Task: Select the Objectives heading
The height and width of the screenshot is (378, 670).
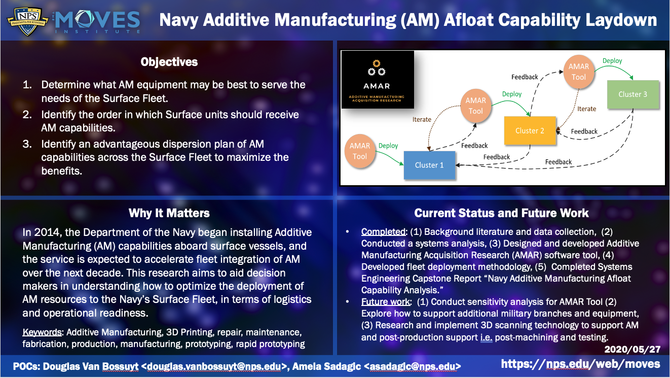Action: [x=169, y=62]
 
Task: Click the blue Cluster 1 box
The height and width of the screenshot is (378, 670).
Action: [x=429, y=165]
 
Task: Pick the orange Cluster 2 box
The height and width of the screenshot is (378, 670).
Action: [x=530, y=130]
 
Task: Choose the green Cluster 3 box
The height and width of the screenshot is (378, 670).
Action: [x=633, y=94]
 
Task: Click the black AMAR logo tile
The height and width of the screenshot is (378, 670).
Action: [x=378, y=80]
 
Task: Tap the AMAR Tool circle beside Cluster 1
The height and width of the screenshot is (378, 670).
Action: [x=359, y=151]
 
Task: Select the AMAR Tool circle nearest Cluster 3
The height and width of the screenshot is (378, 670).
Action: [x=578, y=72]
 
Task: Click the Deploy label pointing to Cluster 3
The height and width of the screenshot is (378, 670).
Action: [x=612, y=61]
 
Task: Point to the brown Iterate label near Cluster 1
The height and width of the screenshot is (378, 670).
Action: [x=422, y=120]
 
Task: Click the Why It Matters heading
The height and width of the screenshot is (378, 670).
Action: [x=169, y=213]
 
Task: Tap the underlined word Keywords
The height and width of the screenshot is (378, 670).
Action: [x=42, y=332]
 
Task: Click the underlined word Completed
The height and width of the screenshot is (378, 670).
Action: [x=383, y=232]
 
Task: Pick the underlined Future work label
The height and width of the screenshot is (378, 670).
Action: [x=385, y=301]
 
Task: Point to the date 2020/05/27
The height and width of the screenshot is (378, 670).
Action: [x=632, y=349]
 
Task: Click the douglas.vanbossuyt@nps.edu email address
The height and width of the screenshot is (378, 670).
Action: [x=214, y=366]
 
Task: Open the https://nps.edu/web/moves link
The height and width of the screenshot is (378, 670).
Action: [x=581, y=364]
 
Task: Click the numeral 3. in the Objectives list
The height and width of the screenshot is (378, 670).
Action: [x=27, y=144]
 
